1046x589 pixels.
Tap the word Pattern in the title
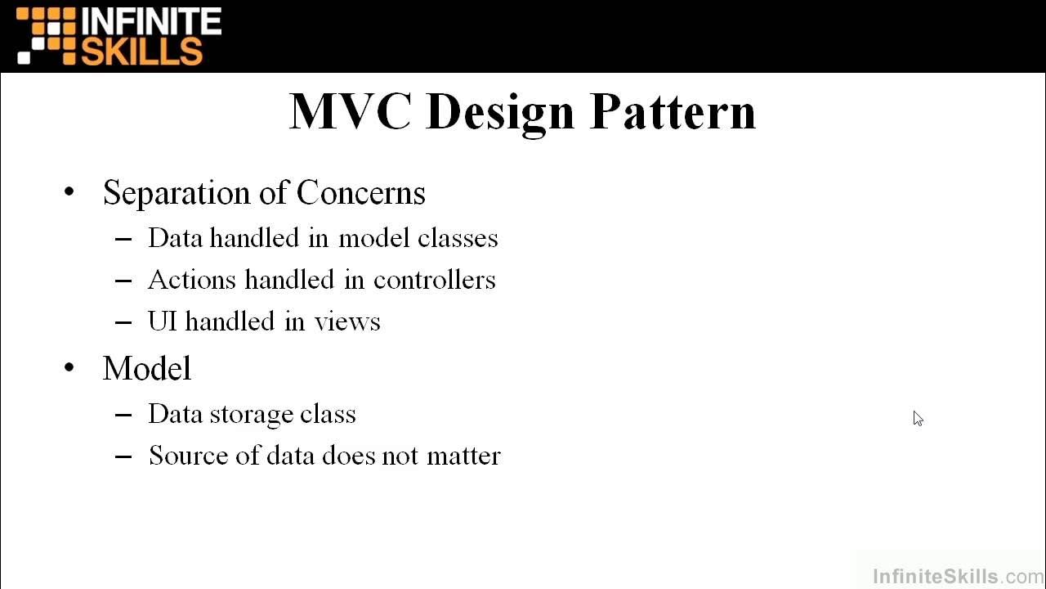click(673, 111)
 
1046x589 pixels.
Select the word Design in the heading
click(500, 113)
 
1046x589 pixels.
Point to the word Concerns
click(360, 193)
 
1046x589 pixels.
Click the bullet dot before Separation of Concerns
click(69, 193)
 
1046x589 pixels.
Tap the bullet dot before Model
click(69, 368)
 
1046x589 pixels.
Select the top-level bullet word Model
click(147, 368)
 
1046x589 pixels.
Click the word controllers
click(434, 280)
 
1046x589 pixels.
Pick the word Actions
click(192, 280)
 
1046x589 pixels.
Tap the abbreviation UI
click(163, 321)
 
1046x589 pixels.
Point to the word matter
click(463, 456)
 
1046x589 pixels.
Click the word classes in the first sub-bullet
click(458, 238)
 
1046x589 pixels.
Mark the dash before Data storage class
click(123, 415)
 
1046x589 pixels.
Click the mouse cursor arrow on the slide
click(918, 418)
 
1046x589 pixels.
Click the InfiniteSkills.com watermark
click(958, 577)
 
